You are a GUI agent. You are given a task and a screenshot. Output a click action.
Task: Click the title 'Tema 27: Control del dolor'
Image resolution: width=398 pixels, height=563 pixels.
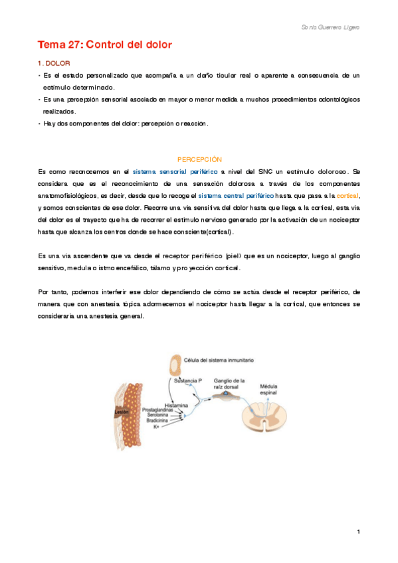pos(104,45)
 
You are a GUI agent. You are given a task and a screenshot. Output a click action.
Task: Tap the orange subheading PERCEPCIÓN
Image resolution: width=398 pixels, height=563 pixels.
pos(199,159)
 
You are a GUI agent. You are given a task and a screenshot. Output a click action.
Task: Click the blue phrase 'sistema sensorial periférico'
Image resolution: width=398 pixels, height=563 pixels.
pos(175,171)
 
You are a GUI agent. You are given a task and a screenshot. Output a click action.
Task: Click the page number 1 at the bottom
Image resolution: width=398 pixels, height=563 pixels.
pos(358,532)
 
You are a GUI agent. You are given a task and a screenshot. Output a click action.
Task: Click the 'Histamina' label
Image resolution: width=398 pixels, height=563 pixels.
pos(176,404)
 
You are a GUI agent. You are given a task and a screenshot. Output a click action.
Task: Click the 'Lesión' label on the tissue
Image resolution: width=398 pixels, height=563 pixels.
pos(121,411)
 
